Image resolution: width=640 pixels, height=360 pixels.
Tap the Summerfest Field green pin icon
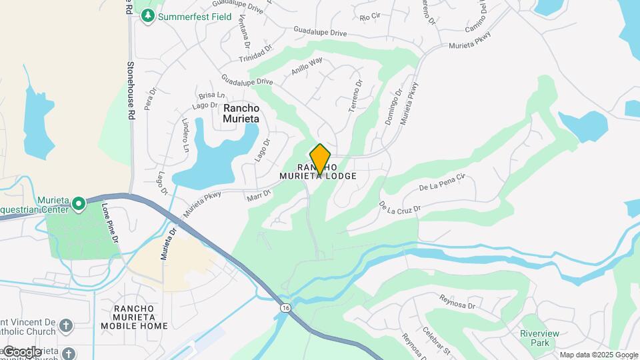(x=147, y=15)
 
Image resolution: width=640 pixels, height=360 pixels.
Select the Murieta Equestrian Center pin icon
(x=79, y=203)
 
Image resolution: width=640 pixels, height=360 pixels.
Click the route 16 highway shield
(x=285, y=307)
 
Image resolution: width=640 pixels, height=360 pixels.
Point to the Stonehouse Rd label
(x=131, y=91)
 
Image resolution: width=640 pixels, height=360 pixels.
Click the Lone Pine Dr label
(x=110, y=223)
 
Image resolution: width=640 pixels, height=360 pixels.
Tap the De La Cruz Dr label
(x=400, y=208)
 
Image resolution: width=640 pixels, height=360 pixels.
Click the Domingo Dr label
(x=394, y=107)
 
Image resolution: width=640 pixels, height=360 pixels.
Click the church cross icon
(x=65, y=325)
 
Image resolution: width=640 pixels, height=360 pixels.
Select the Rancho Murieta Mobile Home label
(x=134, y=317)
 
